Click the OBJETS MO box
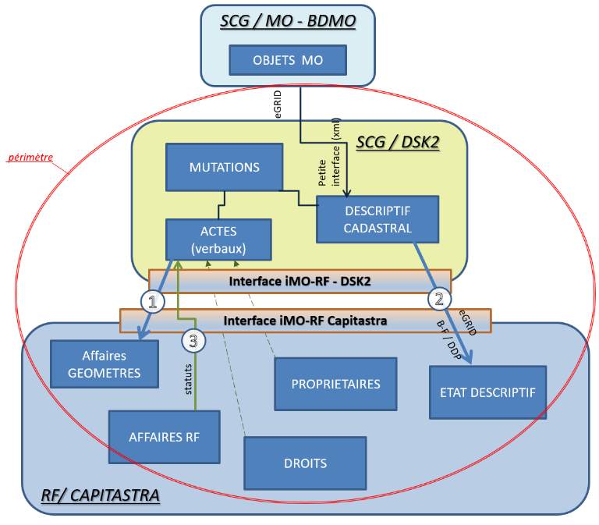[287, 60]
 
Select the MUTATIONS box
[224, 167]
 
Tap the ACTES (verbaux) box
[218, 239]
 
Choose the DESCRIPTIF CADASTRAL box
[377, 219]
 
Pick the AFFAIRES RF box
[164, 437]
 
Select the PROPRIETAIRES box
[335, 384]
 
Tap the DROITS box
[305, 463]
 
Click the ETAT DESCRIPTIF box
[487, 392]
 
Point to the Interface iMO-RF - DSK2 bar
[299, 282]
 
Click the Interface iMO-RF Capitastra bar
[305, 320]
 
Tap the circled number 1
[153, 300]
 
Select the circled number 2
[440, 299]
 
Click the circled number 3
[193, 339]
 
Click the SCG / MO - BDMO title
[288, 23]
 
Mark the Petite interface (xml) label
[328, 153]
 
